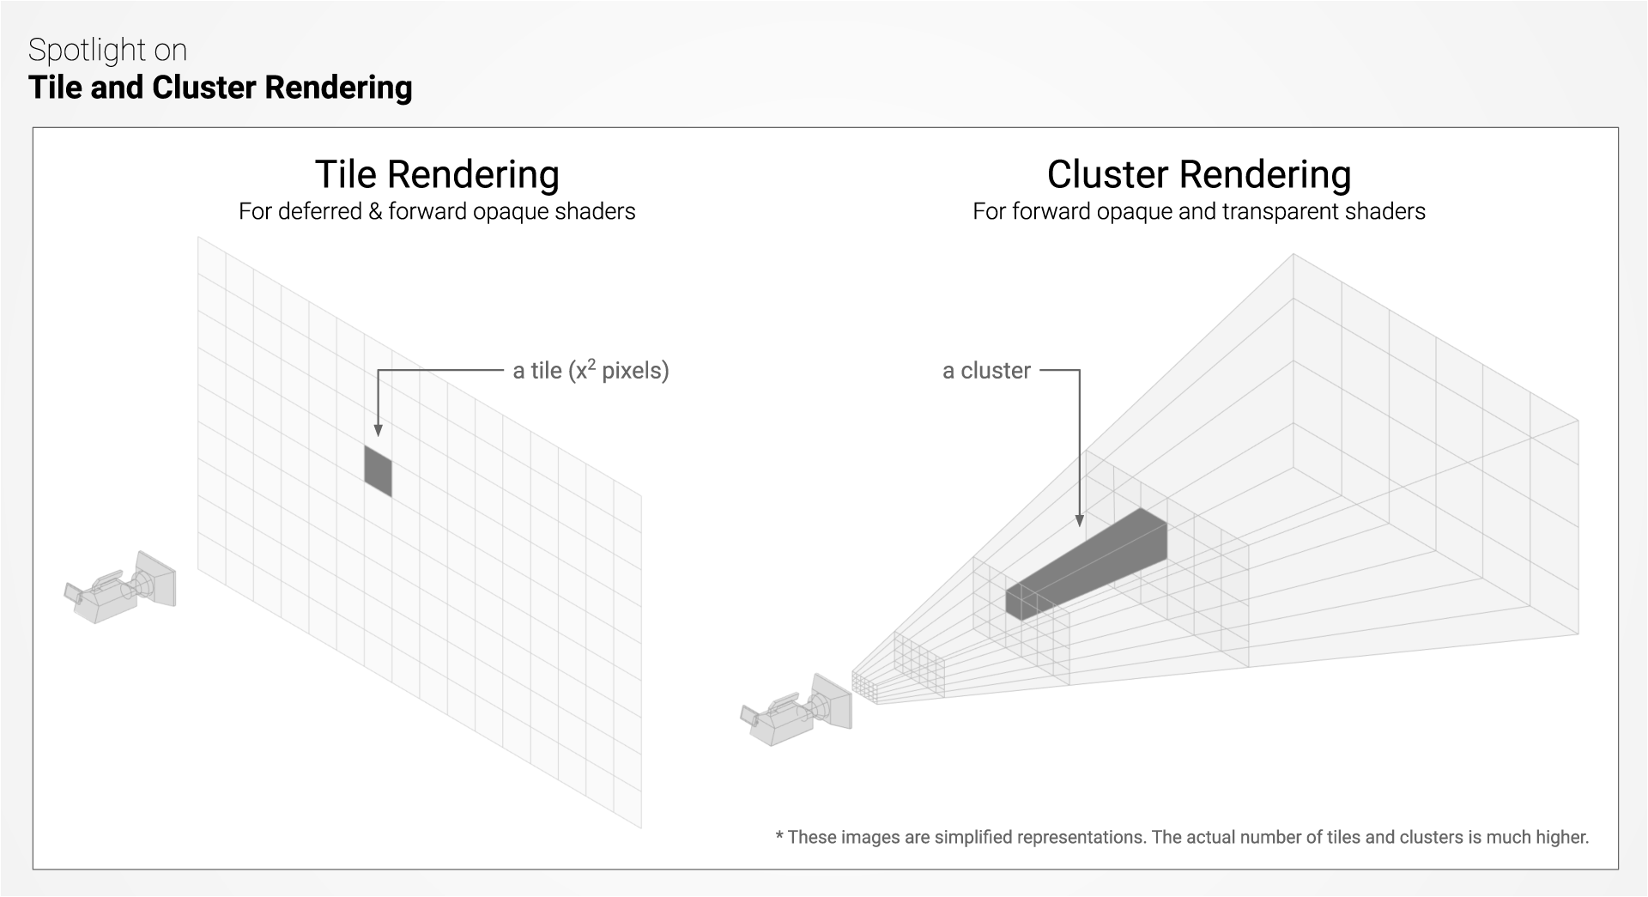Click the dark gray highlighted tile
(x=378, y=470)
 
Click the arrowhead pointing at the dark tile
(x=378, y=431)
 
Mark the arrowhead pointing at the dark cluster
(x=1080, y=520)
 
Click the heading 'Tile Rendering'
(x=437, y=174)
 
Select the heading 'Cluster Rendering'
(x=1198, y=174)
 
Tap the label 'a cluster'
(x=986, y=371)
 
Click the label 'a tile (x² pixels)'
(x=591, y=371)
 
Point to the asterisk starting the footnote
(x=779, y=835)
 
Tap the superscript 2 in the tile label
(x=591, y=363)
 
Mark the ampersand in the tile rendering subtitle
(x=375, y=212)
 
